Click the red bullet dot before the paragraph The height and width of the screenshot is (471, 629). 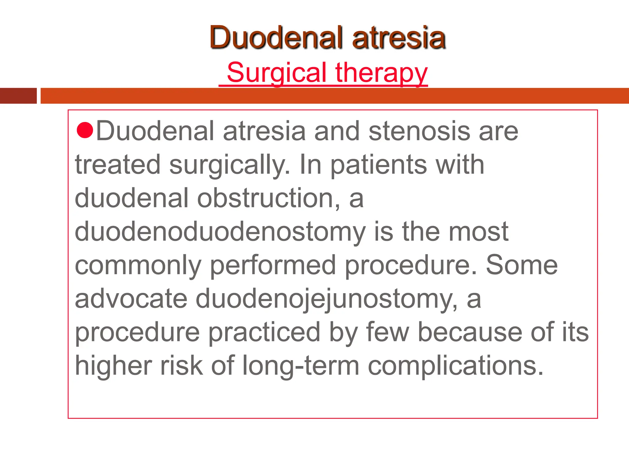click(x=84, y=130)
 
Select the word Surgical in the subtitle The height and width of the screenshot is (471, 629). click(x=276, y=72)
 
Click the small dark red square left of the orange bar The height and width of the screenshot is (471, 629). click(x=18, y=96)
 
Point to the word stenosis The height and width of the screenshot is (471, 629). click(x=419, y=131)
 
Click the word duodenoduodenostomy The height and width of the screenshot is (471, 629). click(x=220, y=232)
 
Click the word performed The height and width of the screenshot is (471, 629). click(x=273, y=266)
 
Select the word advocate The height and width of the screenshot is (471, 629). click(x=131, y=299)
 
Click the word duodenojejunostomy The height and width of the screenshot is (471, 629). click(x=326, y=299)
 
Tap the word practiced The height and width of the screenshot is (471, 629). click(x=264, y=332)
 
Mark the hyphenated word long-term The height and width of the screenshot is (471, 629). click(x=301, y=366)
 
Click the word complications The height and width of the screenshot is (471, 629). click(x=456, y=366)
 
